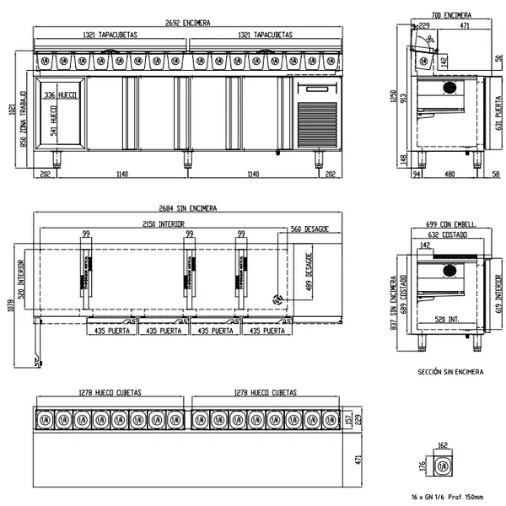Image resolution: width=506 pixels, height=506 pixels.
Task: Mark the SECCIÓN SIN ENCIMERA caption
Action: [x=449, y=371]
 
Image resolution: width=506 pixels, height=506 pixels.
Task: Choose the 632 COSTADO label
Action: [x=447, y=235]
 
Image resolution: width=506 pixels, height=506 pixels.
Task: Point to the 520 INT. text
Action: [x=447, y=319]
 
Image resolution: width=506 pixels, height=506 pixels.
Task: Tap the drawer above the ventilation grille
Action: [x=317, y=88]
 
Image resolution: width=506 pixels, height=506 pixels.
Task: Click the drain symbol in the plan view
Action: [x=276, y=300]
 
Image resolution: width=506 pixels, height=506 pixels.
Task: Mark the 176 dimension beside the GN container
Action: [x=423, y=466]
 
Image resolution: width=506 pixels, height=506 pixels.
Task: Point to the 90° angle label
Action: [x=431, y=39]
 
